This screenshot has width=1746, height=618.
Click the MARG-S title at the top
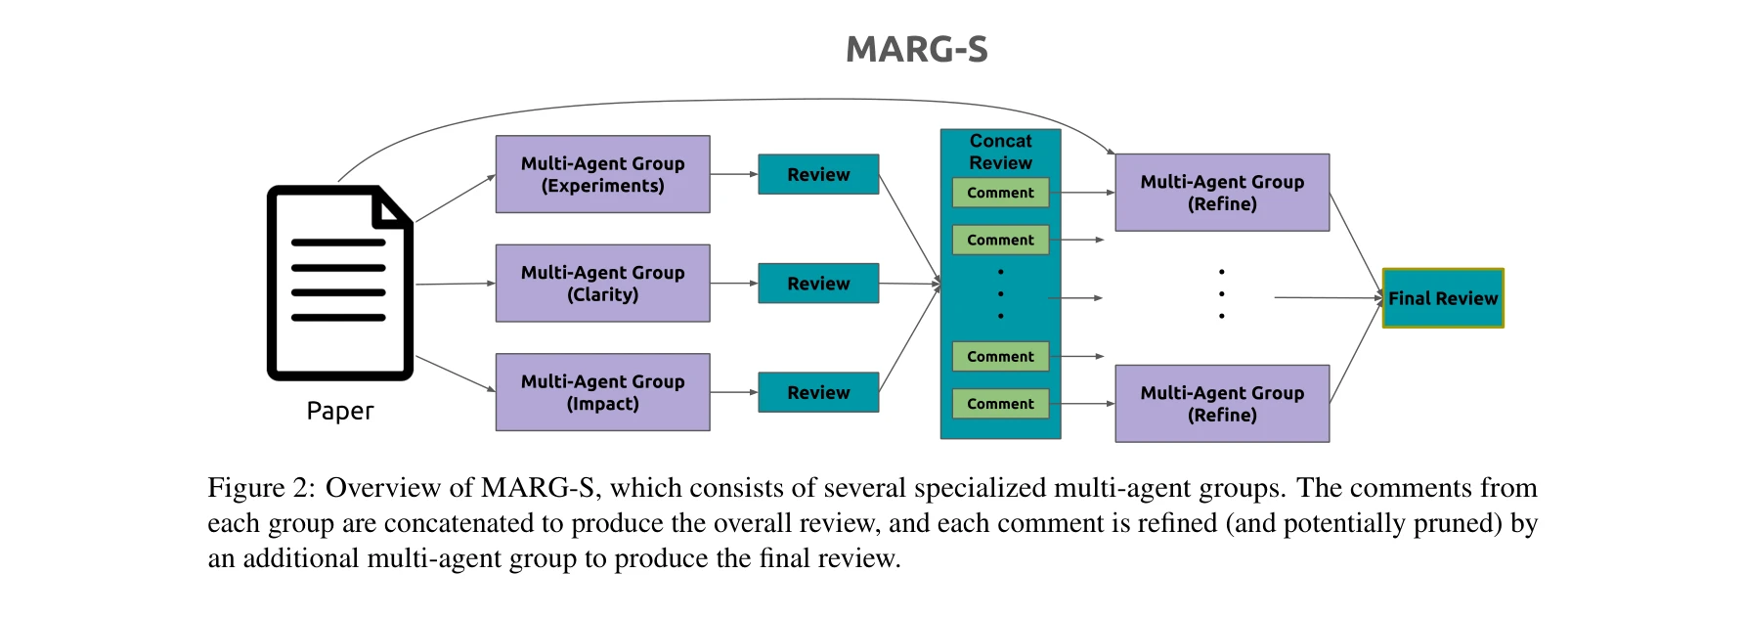(916, 50)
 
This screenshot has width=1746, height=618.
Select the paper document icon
(339, 283)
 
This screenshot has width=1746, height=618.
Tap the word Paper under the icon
(339, 411)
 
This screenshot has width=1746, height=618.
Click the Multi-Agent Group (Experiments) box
(602, 174)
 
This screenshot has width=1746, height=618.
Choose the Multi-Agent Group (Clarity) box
(602, 284)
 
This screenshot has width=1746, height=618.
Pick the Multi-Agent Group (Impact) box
(602, 392)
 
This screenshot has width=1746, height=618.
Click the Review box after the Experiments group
(818, 174)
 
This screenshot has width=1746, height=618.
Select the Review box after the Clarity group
(818, 284)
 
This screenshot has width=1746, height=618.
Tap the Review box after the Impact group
(818, 392)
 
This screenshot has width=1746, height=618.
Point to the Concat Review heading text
(1000, 152)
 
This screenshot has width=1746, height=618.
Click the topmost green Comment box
(1000, 193)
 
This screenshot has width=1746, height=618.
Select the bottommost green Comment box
(1000, 404)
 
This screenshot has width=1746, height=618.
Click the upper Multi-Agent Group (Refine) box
(1222, 193)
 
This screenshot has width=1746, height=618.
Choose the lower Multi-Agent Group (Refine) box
(1222, 404)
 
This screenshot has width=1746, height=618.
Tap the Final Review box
(1443, 298)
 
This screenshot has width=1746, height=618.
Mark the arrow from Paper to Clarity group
(455, 284)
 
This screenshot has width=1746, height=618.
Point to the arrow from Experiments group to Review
(733, 174)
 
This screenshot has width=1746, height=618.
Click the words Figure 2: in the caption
(260, 488)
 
